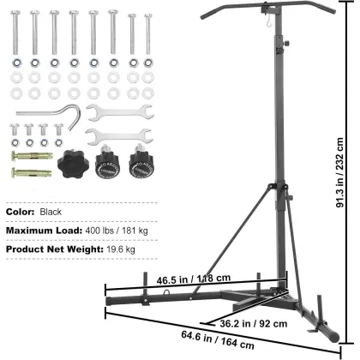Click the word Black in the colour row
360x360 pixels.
[51, 210]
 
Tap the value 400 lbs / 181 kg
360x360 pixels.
[117, 230]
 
